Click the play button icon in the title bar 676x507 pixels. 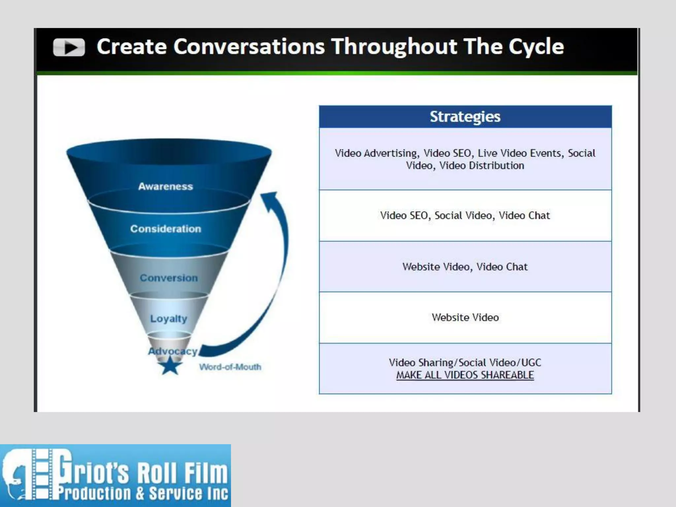pyautogui.click(x=69, y=48)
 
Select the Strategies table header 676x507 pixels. pyautogui.click(x=465, y=117)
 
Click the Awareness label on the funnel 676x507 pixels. pyautogui.click(x=165, y=186)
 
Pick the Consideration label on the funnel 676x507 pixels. pyautogui.click(x=165, y=229)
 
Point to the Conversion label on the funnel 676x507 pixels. pyautogui.click(x=169, y=278)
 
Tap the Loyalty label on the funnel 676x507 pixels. pyautogui.click(x=168, y=319)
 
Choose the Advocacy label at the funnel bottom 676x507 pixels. pyautogui.click(x=172, y=351)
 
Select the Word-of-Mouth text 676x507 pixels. pyautogui.click(x=230, y=367)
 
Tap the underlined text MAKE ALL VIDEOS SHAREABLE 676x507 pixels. pyautogui.click(x=465, y=375)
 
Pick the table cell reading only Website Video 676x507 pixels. pyautogui.click(x=465, y=318)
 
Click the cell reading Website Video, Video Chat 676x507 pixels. pyautogui.click(x=465, y=267)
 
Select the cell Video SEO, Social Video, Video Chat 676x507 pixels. pyautogui.click(x=465, y=216)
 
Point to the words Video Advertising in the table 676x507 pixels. pyautogui.click(x=376, y=153)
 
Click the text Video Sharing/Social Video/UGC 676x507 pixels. pyautogui.click(x=465, y=363)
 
